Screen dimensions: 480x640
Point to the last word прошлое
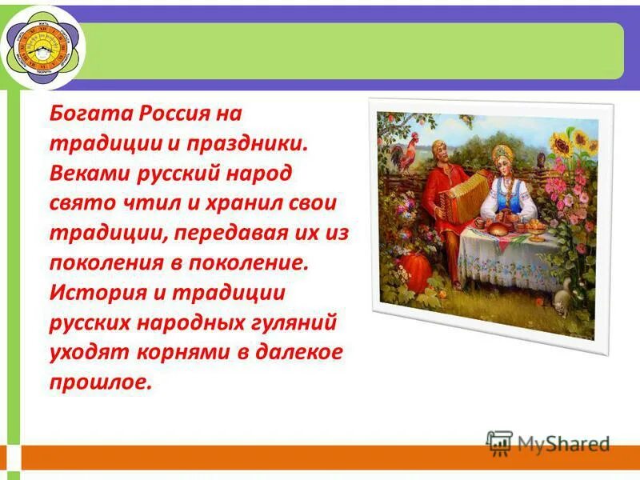tap(100, 382)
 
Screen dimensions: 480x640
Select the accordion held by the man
tap(464, 194)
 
